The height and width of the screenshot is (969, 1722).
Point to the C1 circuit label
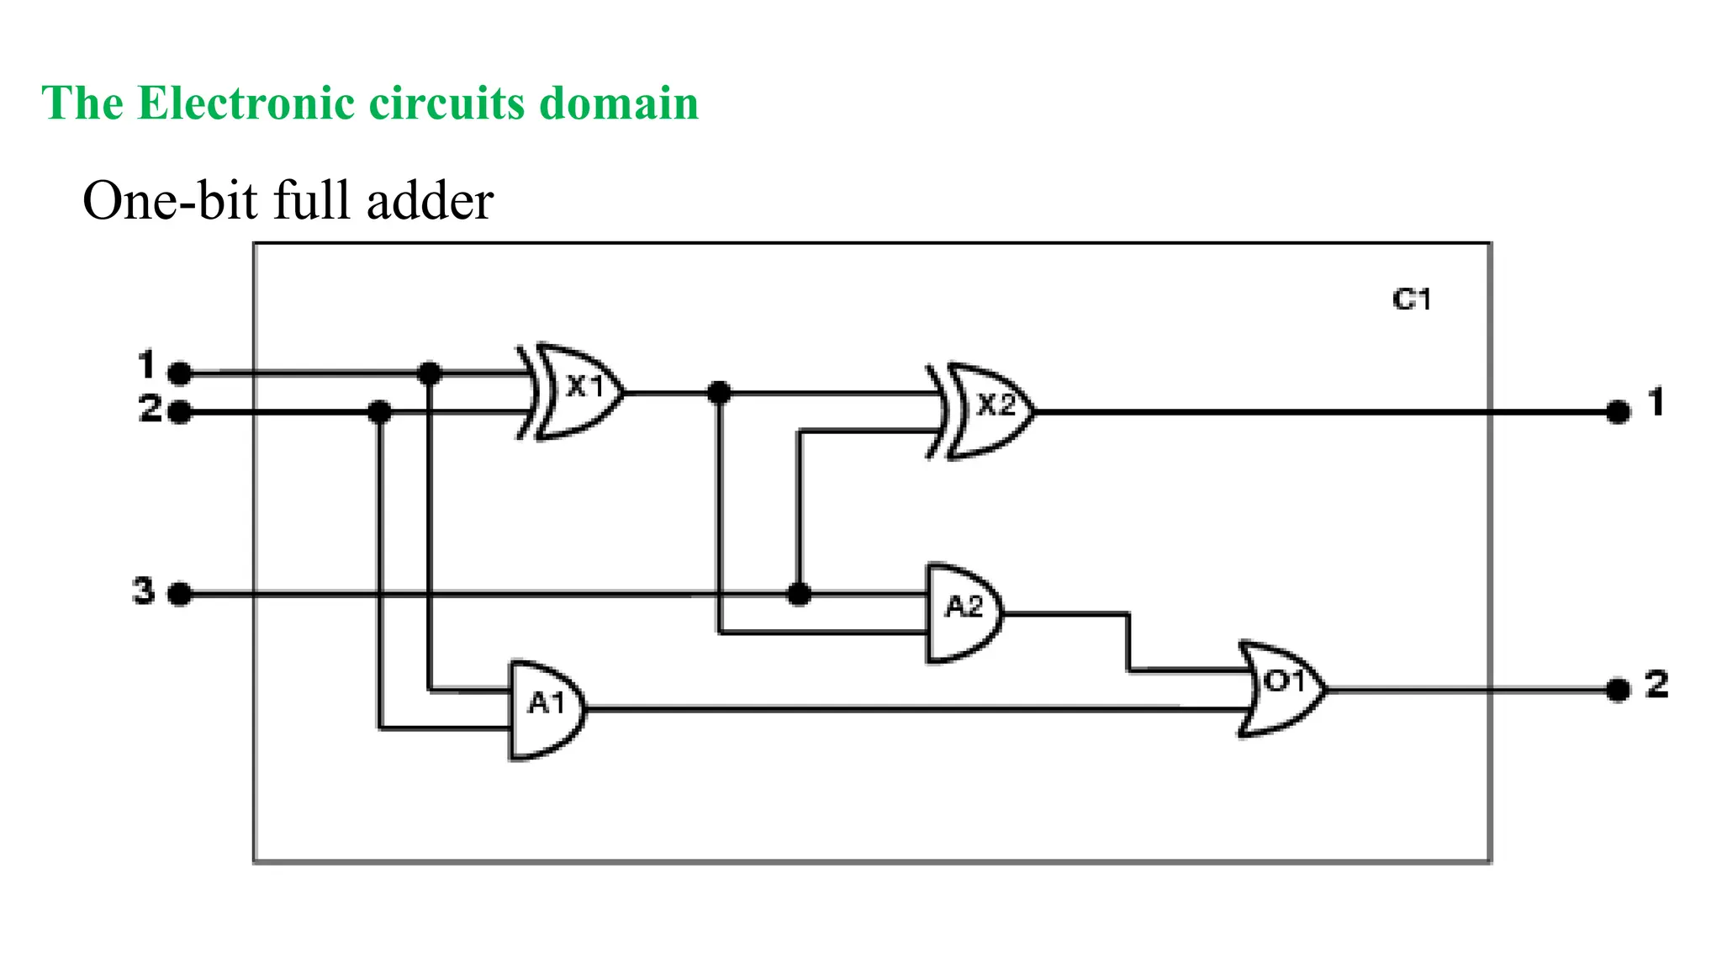pos(1411,299)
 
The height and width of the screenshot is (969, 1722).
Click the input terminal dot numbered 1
pos(179,373)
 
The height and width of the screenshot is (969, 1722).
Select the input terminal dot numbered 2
pos(179,412)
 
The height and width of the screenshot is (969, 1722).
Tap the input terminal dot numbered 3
pos(179,595)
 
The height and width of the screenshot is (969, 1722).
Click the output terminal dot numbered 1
pos(1618,412)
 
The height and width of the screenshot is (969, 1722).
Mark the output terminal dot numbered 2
pos(1618,690)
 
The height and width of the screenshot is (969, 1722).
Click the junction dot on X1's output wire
pos(719,392)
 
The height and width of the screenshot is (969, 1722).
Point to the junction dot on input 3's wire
pos(799,595)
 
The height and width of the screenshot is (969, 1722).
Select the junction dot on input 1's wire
pos(430,373)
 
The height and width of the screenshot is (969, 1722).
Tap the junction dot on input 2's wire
pos(380,412)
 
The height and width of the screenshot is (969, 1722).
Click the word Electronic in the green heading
pos(246,103)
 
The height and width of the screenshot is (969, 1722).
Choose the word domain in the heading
pos(619,103)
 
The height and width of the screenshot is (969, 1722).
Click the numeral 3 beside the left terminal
pos(144,590)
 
